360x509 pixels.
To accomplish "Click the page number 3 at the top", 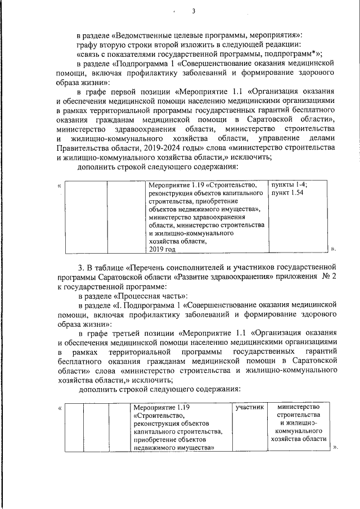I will point(193,11).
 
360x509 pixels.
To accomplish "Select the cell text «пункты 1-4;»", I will point(292,184).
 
